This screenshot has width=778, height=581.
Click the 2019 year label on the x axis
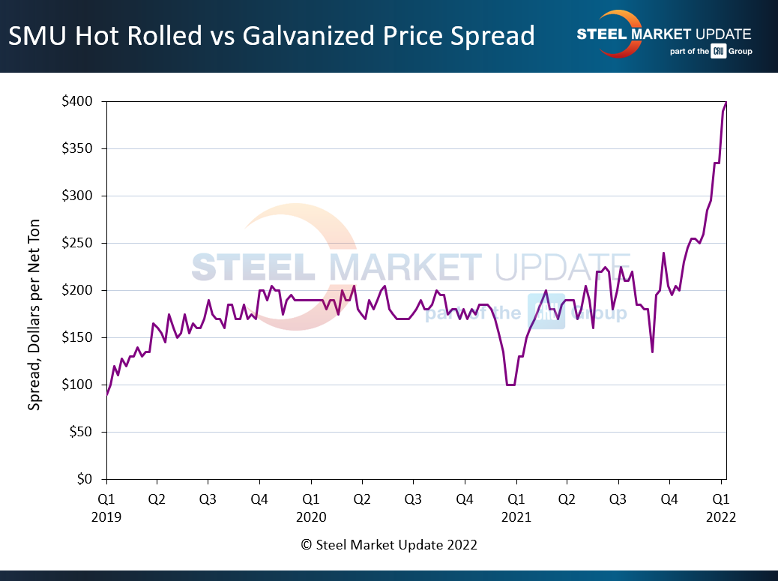106,517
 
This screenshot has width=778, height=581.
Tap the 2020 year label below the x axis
311,517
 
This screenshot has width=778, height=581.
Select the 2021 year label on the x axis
516,517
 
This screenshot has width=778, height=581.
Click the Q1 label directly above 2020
311,498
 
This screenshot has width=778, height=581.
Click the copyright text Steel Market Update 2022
389,545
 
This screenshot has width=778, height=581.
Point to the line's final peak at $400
726,102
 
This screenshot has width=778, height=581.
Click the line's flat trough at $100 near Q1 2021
510,385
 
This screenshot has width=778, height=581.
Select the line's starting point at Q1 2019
106,394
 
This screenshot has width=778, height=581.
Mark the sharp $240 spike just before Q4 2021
663,253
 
